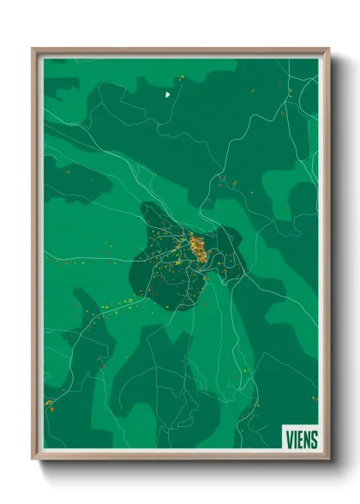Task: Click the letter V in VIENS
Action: (x=289, y=440)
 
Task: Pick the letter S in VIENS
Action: (x=315, y=440)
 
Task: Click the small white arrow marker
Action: (x=168, y=94)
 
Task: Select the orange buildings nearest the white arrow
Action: (x=181, y=79)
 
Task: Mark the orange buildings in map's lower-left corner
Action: (x=50, y=403)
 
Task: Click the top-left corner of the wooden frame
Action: (x=33, y=50)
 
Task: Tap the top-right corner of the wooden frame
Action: (x=328, y=50)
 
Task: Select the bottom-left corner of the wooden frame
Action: (x=33, y=459)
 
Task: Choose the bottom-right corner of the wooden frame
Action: (x=328, y=459)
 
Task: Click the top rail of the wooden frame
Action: (x=180, y=50)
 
